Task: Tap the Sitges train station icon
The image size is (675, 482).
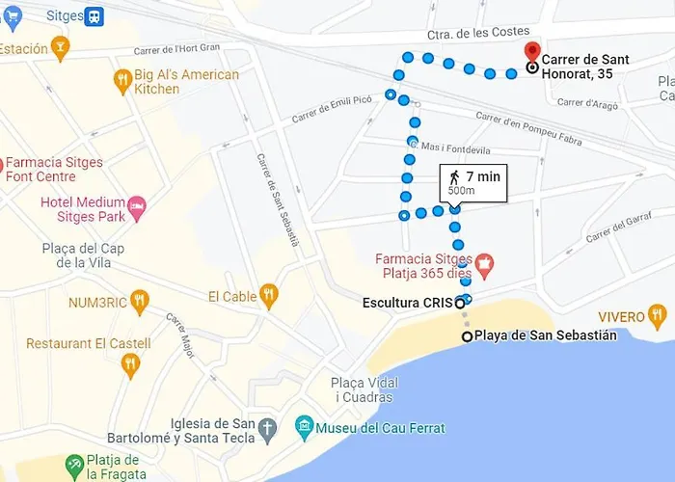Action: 94,16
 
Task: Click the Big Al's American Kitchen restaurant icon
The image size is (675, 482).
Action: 122,82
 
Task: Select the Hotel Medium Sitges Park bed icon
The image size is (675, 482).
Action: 138,204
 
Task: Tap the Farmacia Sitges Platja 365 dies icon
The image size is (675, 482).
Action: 484,261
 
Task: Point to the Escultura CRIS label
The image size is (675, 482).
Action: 407,303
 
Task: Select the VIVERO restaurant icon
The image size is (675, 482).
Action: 658,315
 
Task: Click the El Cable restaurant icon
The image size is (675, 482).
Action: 269,295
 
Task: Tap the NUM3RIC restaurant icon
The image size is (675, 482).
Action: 140,302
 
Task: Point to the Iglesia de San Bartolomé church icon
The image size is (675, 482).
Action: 267,427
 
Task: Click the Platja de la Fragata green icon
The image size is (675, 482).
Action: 74,467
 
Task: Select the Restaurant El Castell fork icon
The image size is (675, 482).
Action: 130,364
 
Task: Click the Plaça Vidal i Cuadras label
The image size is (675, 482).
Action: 364,389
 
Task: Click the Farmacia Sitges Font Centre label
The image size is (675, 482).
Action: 54,170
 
